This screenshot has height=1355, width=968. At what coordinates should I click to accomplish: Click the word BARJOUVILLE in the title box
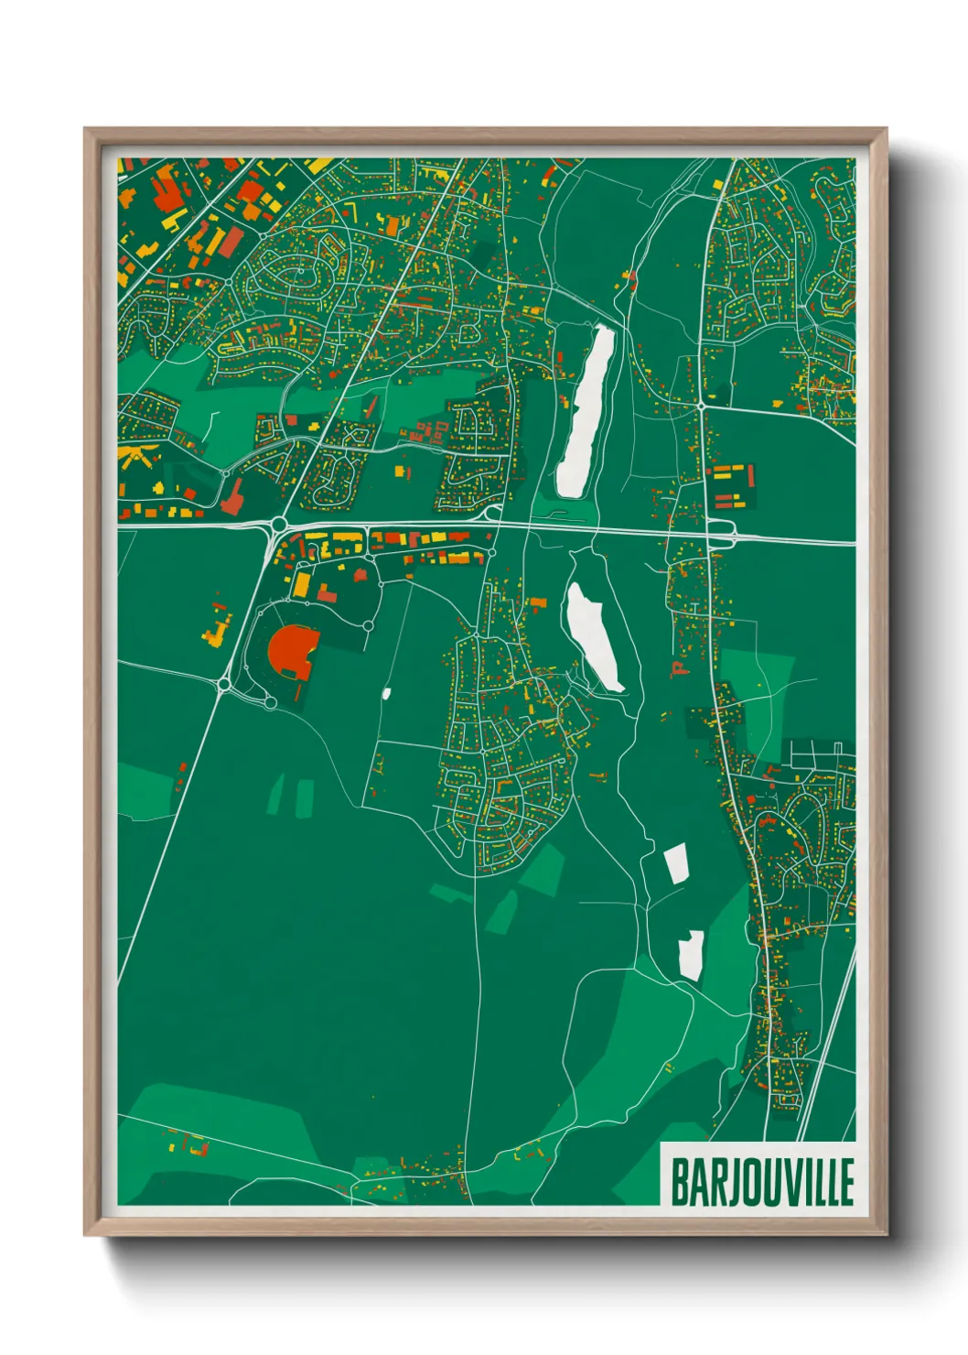coord(761,1182)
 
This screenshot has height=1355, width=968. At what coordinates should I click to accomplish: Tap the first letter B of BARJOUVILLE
coord(680,1182)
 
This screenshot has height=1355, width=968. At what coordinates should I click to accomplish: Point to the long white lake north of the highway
coord(585,411)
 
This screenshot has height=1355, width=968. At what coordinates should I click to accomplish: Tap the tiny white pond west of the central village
coord(386,693)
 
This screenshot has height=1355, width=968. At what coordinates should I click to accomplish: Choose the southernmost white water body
coord(691,955)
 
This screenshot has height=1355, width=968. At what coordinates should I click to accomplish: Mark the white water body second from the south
coord(676,863)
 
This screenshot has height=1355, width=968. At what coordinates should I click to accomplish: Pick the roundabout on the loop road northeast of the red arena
coord(368,625)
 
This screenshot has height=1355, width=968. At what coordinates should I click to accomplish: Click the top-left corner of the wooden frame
coord(85,129)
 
